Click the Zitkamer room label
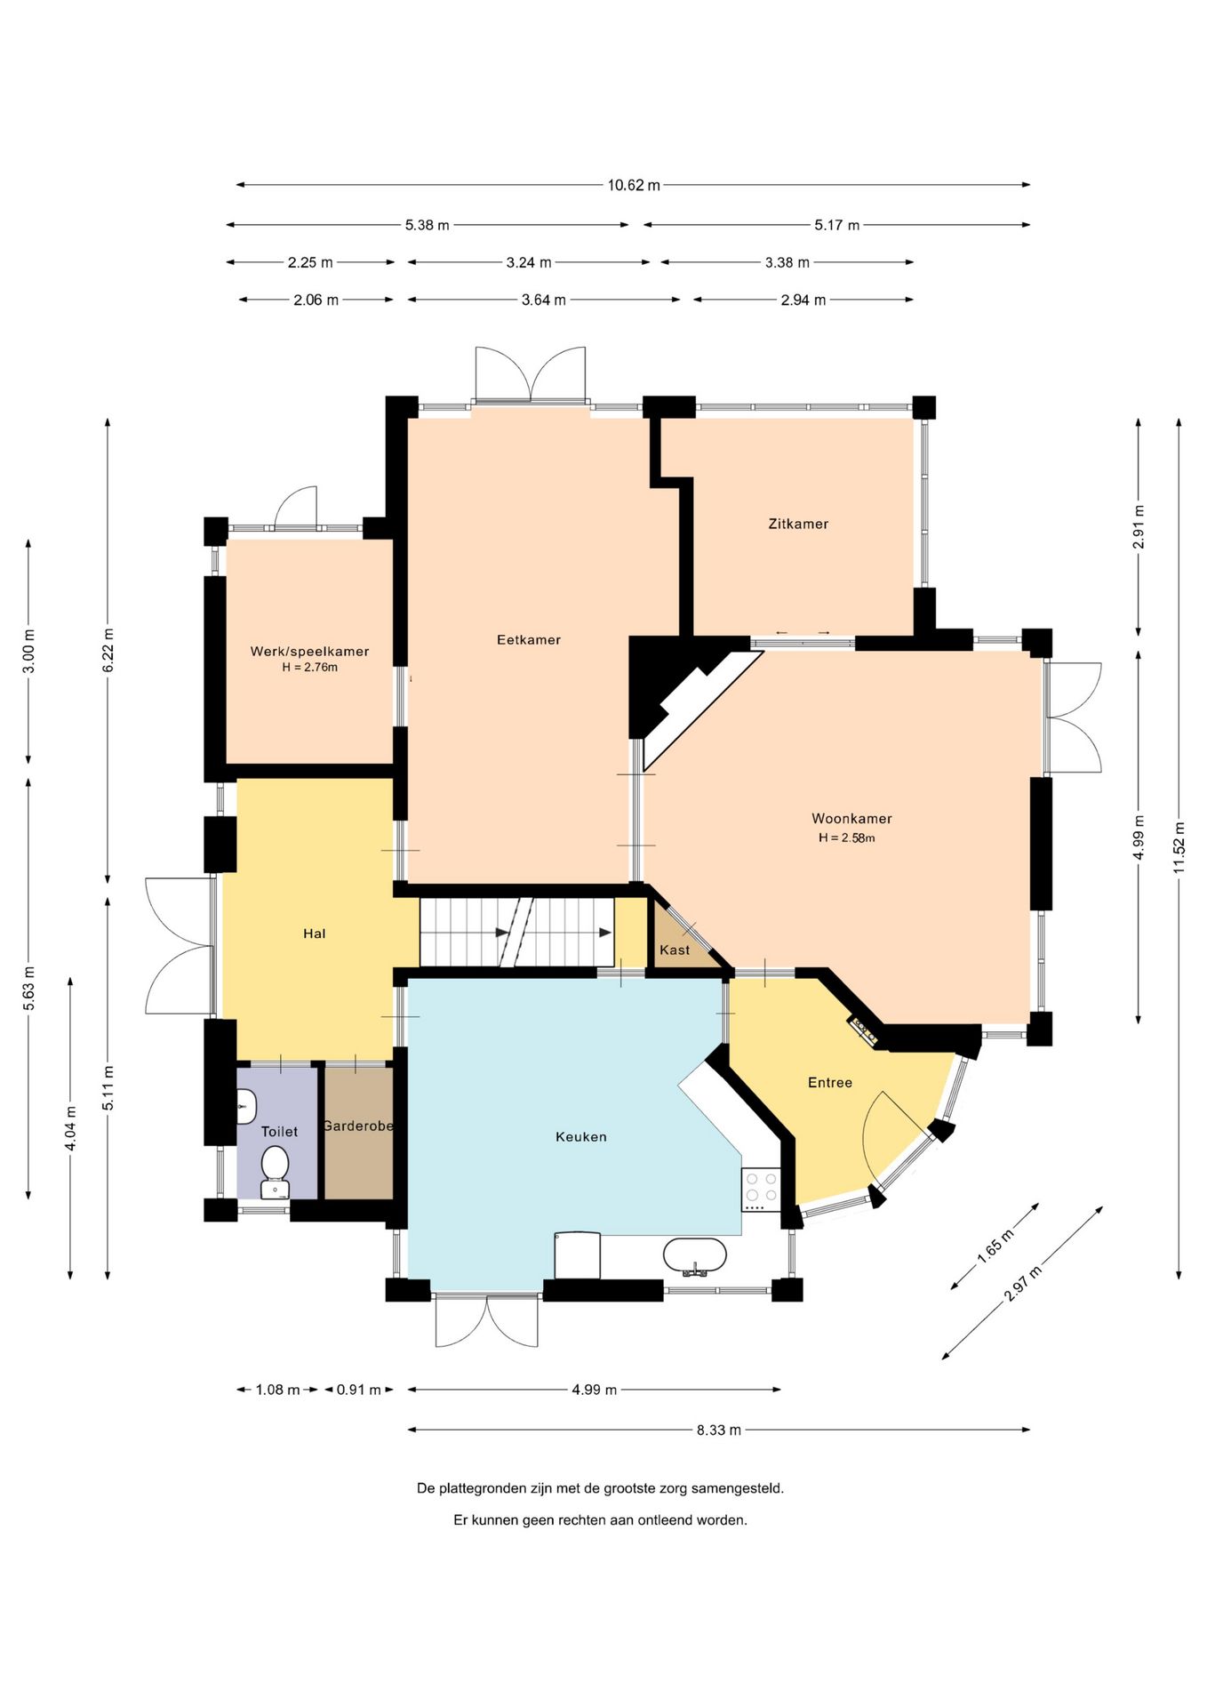798,524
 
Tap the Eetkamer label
529,639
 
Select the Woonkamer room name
851,818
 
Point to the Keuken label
581,1136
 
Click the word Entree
830,1082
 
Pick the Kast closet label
675,950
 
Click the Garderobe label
358,1126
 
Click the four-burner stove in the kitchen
761,1189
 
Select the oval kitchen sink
695,1255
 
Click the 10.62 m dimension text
634,185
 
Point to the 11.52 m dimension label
1179,848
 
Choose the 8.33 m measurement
718,1430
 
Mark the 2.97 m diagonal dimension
1023,1282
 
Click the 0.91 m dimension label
358,1389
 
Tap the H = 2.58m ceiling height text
847,837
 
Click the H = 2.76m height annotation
309,667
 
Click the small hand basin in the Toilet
246,1107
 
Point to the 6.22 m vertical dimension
108,651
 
